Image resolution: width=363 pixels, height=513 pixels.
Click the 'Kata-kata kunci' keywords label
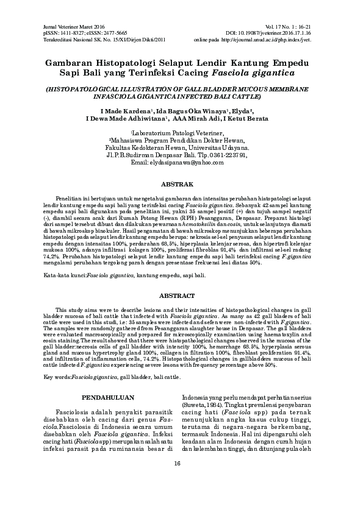65,275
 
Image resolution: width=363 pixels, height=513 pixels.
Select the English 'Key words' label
58,377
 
